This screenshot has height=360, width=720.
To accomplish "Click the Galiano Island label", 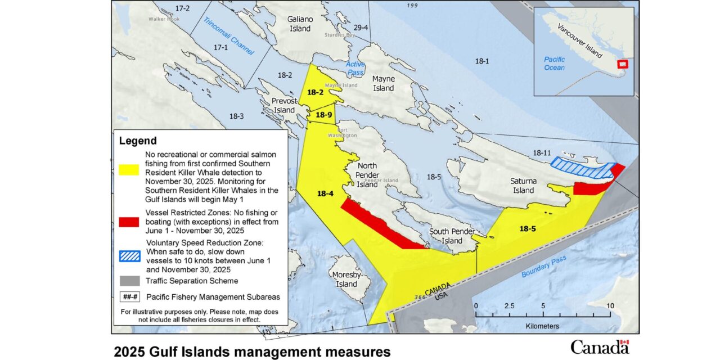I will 300,24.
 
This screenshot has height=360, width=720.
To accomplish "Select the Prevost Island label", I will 284,106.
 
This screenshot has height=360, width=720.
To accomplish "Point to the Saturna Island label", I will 523,186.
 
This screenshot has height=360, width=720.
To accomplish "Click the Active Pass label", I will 355,69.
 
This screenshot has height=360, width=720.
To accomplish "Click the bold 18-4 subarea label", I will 325,193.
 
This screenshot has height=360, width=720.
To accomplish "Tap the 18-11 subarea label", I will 542,153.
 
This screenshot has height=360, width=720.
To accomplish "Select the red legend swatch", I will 129,222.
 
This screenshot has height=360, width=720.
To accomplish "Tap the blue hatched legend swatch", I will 129,256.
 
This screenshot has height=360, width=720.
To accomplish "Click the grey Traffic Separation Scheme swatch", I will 129,281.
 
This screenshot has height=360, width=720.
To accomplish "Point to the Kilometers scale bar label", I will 542,326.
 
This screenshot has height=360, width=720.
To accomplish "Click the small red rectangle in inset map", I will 622,64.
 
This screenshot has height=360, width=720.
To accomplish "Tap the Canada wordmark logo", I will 600,346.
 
